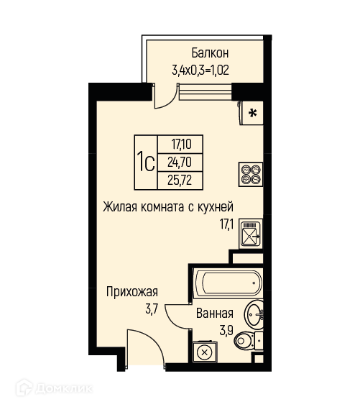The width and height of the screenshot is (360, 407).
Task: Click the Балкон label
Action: (x=210, y=53)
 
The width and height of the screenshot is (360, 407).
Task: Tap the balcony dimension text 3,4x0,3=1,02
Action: (x=200, y=70)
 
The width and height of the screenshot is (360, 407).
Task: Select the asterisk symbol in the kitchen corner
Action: (x=253, y=113)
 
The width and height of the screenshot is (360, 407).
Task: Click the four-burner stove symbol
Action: (x=251, y=174)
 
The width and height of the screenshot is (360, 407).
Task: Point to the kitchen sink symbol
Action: (x=251, y=234)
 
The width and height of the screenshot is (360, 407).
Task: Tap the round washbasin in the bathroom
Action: (x=254, y=314)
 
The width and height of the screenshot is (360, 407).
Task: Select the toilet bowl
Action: (x=244, y=340)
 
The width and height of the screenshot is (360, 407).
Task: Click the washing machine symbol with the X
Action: (x=205, y=352)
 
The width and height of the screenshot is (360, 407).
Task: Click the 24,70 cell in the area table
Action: (x=180, y=163)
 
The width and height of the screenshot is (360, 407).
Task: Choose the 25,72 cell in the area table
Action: (x=180, y=180)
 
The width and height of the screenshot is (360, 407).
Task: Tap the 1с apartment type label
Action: (x=146, y=162)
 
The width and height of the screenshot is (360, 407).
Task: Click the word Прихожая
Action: (x=132, y=292)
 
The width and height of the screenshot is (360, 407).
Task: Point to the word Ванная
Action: (x=215, y=314)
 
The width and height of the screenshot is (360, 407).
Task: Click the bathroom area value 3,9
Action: (x=226, y=331)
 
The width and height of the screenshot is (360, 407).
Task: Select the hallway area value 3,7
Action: (x=152, y=309)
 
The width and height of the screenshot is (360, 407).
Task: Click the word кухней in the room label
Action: (x=216, y=207)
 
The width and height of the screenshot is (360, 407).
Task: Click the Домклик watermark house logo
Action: (x=24, y=388)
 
